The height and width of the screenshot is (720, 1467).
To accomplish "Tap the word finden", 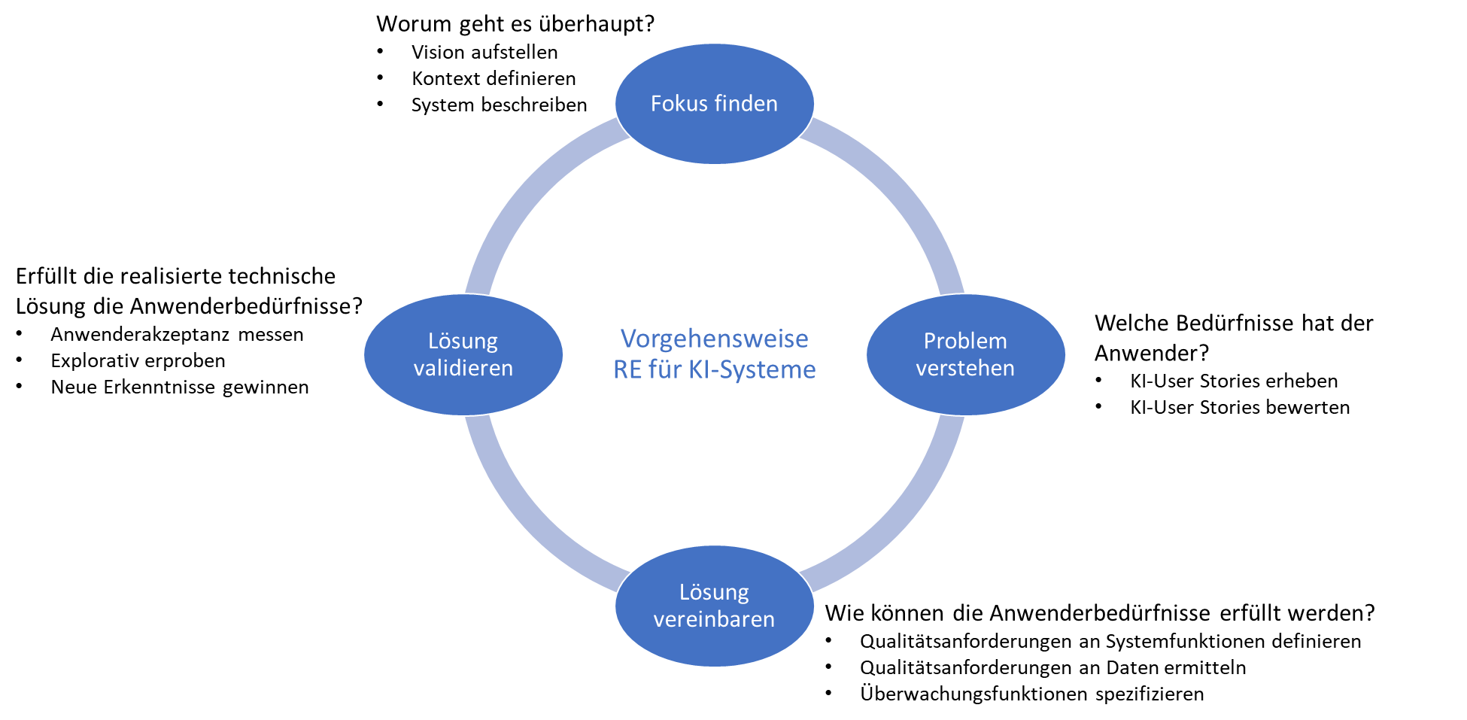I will click(746, 104).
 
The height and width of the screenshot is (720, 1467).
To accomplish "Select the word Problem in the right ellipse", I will click(965, 342).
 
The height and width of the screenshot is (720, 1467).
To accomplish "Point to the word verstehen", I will click(965, 369).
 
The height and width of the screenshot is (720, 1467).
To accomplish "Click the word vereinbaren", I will click(714, 620).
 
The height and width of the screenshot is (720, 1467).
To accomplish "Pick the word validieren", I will click(463, 369).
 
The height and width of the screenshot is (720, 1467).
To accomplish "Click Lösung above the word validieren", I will click(463, 342).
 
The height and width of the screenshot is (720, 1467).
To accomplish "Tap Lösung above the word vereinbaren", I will click(714, 593).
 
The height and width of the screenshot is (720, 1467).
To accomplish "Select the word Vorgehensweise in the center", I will click(714, 339).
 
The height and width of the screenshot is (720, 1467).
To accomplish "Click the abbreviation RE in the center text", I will click(627, 370).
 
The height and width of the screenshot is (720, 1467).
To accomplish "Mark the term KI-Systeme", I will click(752, 370).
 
